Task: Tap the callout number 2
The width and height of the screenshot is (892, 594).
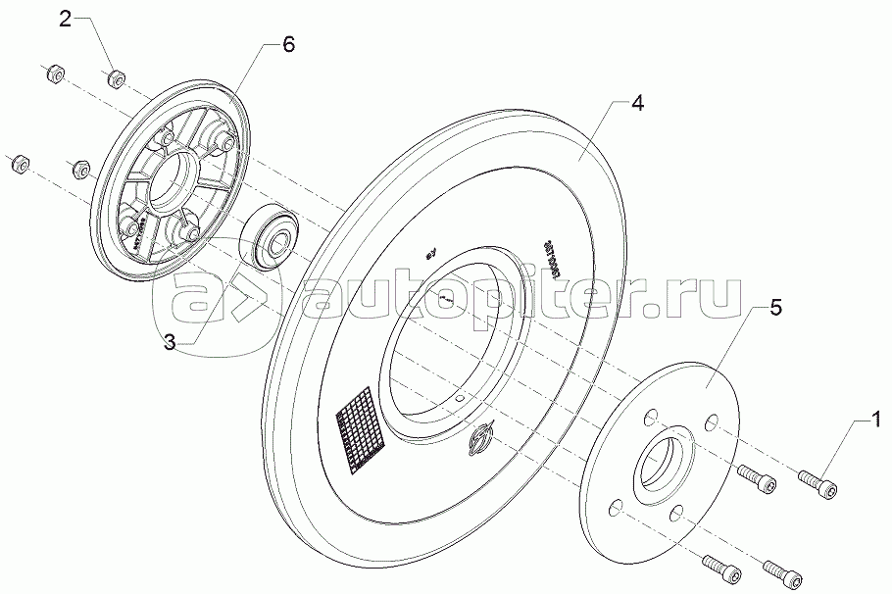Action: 66,19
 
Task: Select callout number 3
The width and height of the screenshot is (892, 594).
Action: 170,342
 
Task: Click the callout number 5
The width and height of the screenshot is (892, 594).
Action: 774,308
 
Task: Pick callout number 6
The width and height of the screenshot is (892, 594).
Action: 286,45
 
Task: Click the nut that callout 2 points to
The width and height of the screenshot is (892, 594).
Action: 116,76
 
